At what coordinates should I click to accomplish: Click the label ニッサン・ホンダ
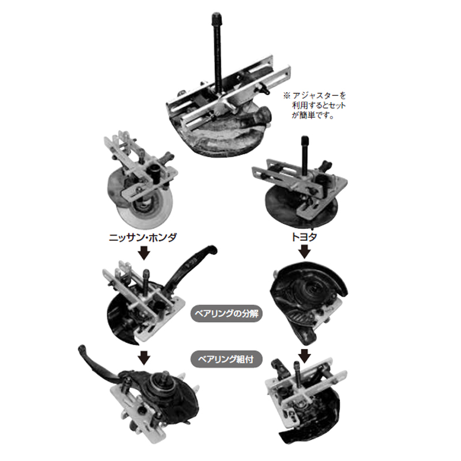click(x=143, y=237)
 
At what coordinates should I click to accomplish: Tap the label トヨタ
click(x=304, y=237)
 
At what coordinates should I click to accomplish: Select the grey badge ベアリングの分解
click(x=226, y=313)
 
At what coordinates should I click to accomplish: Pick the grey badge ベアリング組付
click(x=226, y=359)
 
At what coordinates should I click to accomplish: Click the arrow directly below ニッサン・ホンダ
click(x=144, y=253)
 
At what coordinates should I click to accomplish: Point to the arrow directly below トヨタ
click(x=305, y=252)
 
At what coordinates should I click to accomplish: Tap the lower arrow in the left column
click(x=144, y=358)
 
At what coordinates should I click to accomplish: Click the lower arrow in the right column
click(x=305, y=356)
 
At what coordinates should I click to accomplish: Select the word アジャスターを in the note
click(x=319, y=96)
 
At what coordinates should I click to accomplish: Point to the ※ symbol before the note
click(x=286, y=96)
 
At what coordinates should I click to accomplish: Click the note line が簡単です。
click(x=313, y=115)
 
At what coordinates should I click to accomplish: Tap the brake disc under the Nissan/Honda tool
click(x=141, y=200)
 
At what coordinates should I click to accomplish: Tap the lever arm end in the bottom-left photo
click(x=82, y=349)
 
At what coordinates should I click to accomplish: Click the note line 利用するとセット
click(x=319, y=105)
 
